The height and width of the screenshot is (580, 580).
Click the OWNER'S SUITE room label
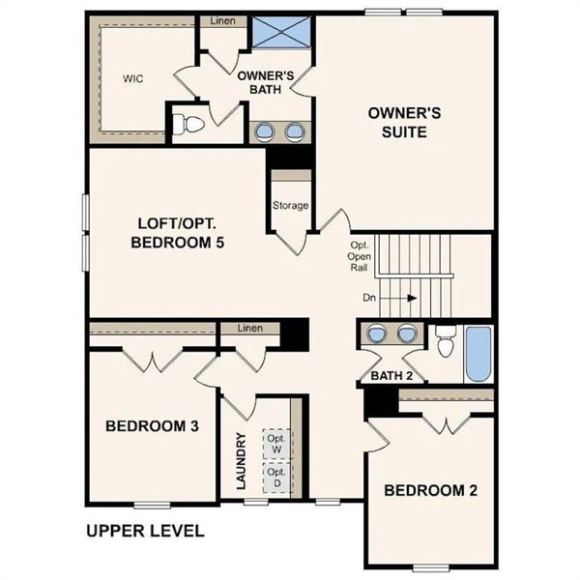tap(404, 122)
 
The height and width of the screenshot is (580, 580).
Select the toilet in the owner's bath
tap(190, 124)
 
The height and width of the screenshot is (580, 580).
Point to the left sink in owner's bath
tap(264, 130)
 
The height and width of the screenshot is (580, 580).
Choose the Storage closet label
tap(290, 205)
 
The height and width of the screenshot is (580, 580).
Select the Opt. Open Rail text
tap(359, 256)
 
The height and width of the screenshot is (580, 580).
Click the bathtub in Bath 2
tap(477, 354)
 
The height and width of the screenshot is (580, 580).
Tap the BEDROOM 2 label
tap(431, 490)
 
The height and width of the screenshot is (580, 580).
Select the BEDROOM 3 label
tap(153, 426)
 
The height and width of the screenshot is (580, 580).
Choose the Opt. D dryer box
tap(277, 478)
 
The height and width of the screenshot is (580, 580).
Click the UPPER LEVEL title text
tap(145, 531)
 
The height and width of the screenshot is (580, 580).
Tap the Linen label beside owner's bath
tap(222, 20)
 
